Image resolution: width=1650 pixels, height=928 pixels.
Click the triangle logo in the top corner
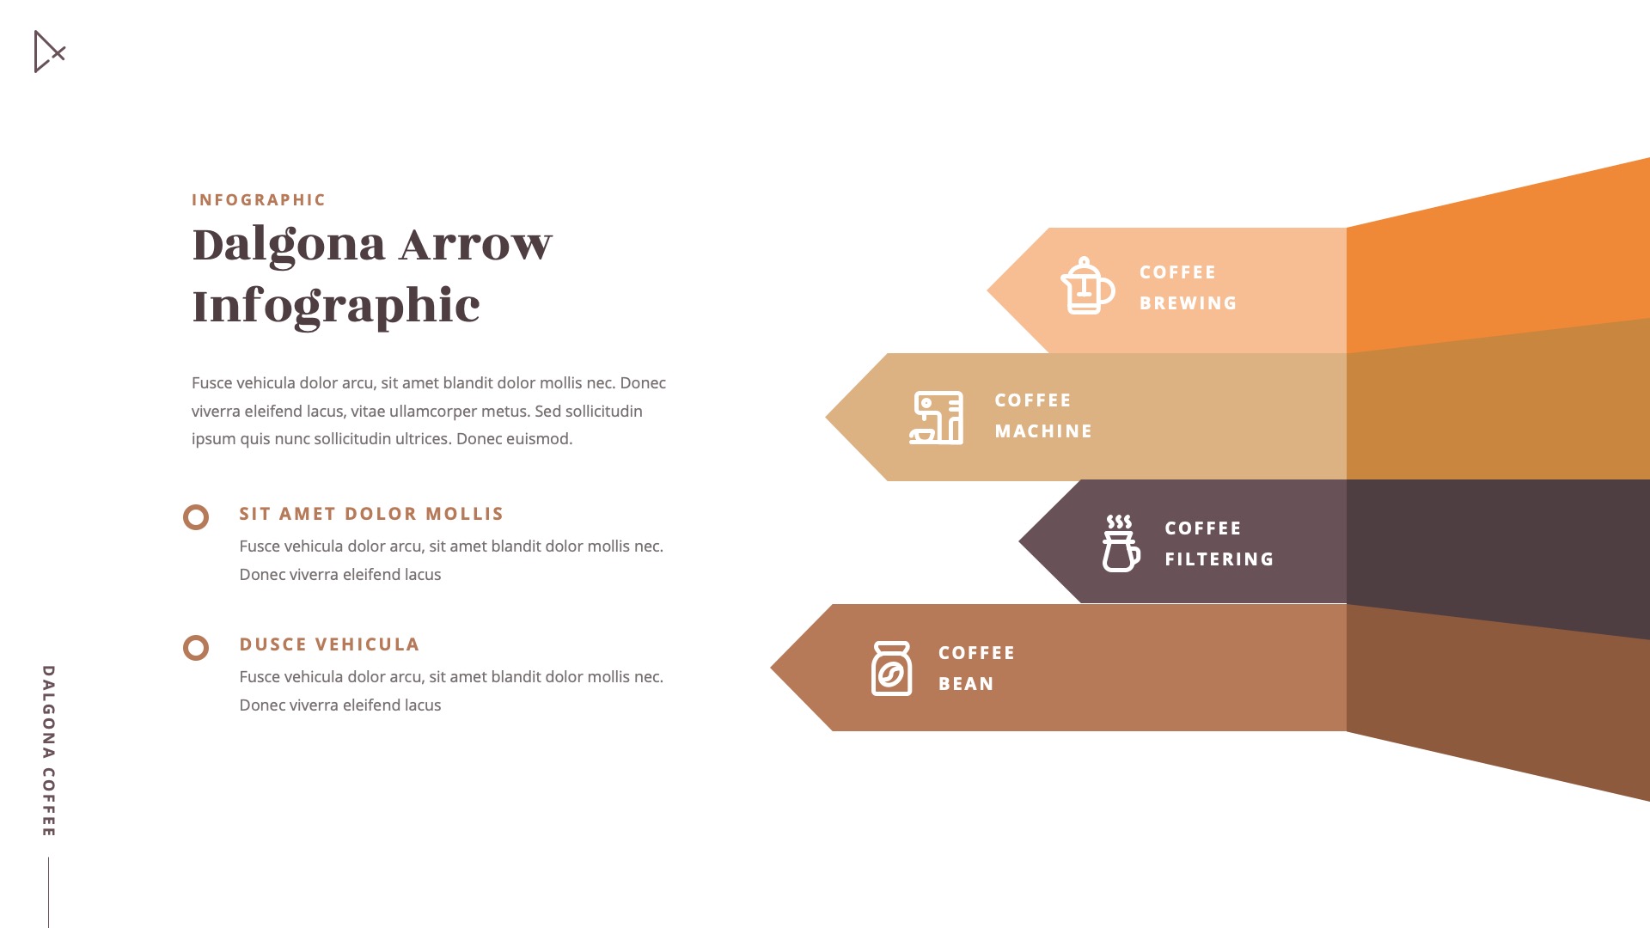point(48,52)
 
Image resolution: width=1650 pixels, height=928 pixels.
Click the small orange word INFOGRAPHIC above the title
point(259,200)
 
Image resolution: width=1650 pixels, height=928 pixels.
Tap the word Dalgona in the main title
point(289,245)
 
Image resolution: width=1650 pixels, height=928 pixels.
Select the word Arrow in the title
point(475,245)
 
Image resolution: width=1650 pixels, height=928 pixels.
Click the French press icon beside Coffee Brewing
point(1087,285)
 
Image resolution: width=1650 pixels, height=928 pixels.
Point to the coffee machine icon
point(936,418)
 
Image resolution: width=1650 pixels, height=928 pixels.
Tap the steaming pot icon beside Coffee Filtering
point(1121,543)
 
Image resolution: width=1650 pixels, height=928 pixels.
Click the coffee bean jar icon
point(891,669)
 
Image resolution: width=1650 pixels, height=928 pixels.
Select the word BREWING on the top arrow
point(1188,303)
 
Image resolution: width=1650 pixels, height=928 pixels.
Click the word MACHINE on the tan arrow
point(1043,431)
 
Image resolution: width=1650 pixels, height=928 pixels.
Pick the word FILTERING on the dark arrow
point(1219,559)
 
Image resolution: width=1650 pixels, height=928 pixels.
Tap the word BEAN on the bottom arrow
point(966,684)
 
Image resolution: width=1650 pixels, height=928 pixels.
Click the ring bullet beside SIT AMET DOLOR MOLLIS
point(196,517)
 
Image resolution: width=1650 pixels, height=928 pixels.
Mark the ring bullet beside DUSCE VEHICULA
point(196,648)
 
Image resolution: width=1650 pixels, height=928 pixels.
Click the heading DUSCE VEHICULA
point(329,644)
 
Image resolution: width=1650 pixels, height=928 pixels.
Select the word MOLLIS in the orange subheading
point(464,514)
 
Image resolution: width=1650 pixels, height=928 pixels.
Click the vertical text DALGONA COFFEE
point(49,750)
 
